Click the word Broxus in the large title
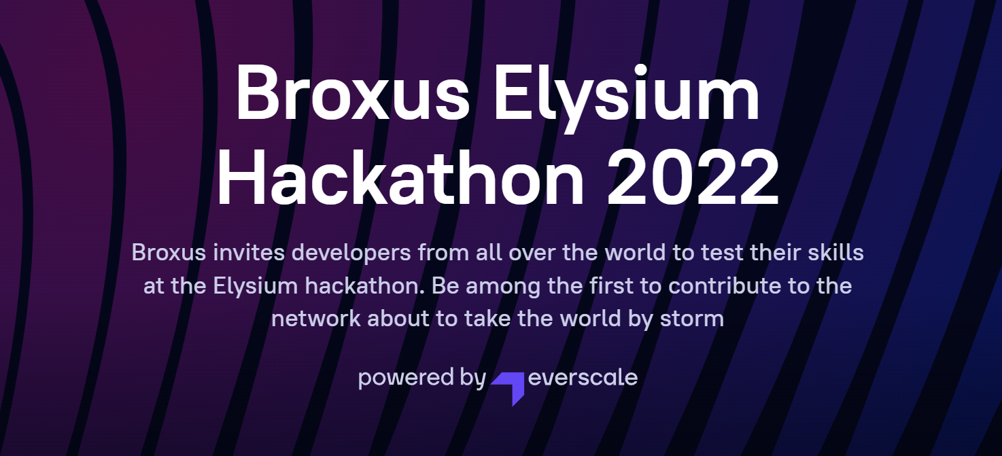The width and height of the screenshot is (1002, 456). coord(353,93)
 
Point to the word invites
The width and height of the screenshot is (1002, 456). coord(249,253)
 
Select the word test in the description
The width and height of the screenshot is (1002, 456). coord(722,253)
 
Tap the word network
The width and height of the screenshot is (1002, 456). coord(316,318)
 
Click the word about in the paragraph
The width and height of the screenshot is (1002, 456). coord(398,318)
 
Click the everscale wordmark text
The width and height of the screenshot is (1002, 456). coord(583,378)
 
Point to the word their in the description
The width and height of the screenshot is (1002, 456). coord(775,252)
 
